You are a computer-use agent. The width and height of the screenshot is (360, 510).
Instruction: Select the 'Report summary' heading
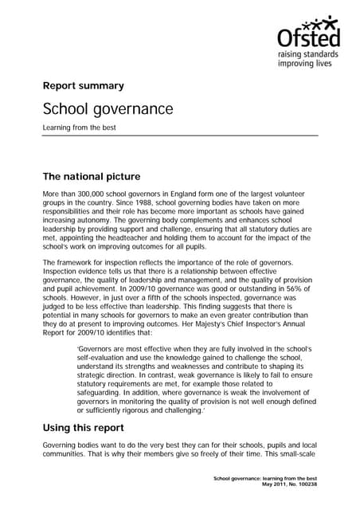click(83, 85)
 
